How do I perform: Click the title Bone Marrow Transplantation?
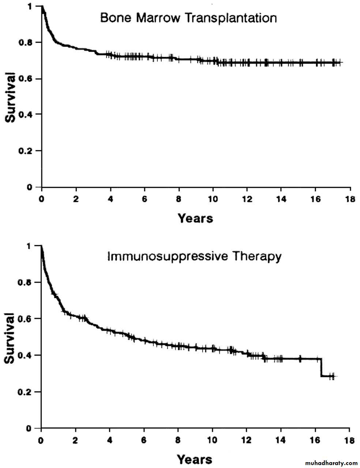[x=188, y=18]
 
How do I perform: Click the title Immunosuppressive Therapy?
[x=194, y=256]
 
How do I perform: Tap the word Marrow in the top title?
[x=158, y=18]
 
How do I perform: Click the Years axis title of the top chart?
[x=195, y=218]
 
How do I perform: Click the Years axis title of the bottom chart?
[x=194, y=459]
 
